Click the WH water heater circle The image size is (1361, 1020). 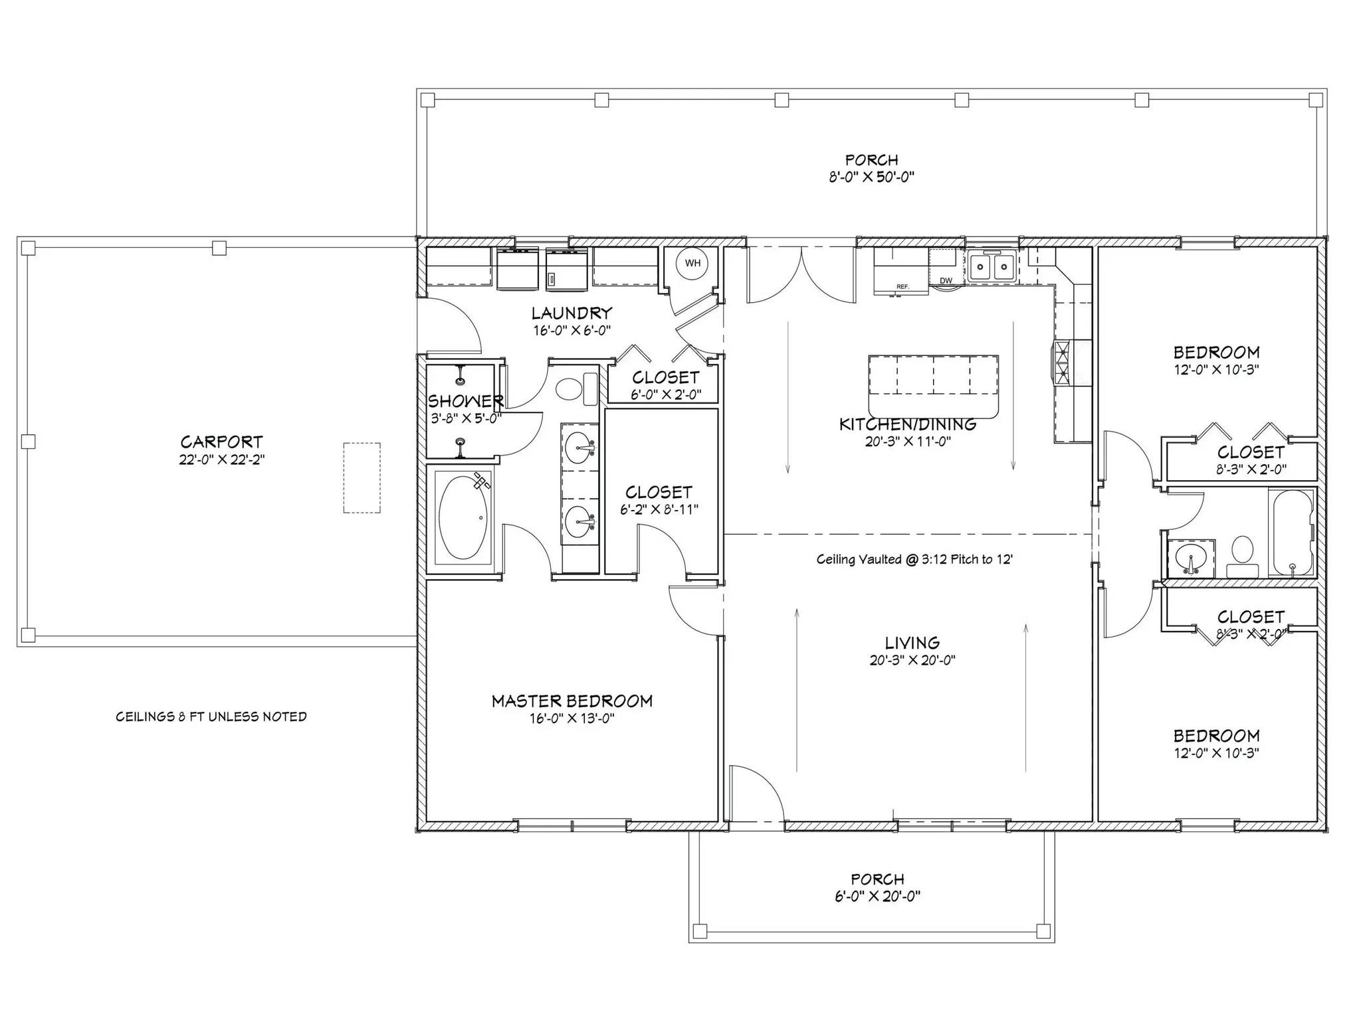(x=692, y=264)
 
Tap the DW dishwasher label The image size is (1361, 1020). (x=946, y=280)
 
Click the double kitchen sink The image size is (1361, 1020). (x=992, y=268)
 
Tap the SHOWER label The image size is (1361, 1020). (x=465, y=401)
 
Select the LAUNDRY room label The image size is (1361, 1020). (x=572, y=313)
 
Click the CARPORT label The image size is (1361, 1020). (x=221, y=442)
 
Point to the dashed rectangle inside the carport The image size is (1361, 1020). (x=362, y=477)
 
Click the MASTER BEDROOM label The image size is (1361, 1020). (x=572, y=701)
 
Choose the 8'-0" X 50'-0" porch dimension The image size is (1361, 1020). (x=871, y=177)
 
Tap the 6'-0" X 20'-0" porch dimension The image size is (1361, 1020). (x=877, y=896)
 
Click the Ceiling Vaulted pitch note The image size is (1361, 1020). (x=914, y=559)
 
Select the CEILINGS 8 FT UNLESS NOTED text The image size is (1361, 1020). (x=211, y=717)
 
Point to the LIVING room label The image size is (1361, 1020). (x=912, y=642)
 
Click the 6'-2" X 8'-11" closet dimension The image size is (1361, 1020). (x=659, y=509)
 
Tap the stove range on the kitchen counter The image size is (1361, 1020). (x=1061, y=363)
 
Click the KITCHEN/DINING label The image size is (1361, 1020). (x=908, y=424)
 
